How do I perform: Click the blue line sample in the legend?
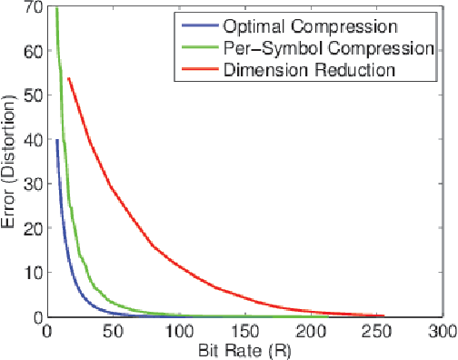tap(197, 25)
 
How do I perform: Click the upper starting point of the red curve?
tap(68, 78)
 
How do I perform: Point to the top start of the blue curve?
tap(57, 140)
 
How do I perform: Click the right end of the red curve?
tap(384, 315)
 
